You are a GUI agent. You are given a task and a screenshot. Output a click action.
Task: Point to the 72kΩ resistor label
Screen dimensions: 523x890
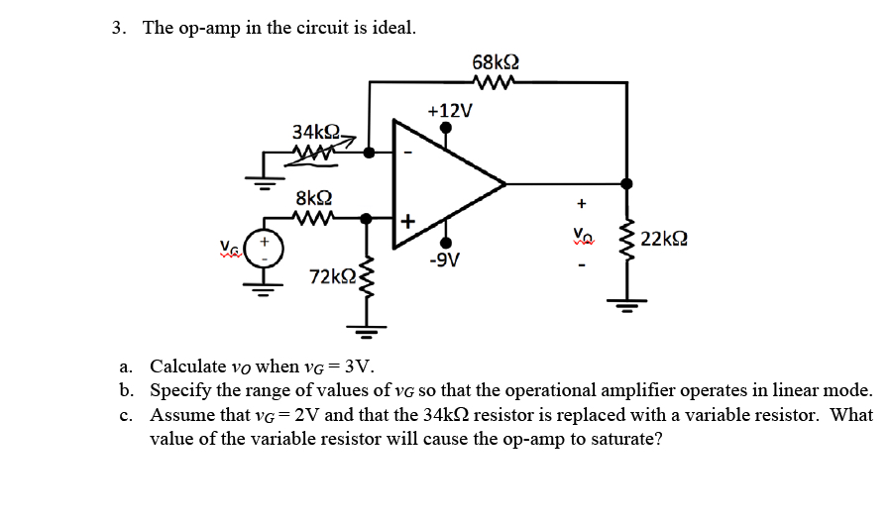tap(331, 274)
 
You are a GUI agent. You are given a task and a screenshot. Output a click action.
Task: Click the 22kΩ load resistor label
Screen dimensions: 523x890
tap(665, 239)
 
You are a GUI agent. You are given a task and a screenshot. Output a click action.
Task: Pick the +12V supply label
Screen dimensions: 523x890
tap(447, 109)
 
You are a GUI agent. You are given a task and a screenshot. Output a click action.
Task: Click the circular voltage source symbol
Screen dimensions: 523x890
tap(263, 246)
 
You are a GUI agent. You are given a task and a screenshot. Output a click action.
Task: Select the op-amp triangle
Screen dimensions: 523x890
tap(446, 183)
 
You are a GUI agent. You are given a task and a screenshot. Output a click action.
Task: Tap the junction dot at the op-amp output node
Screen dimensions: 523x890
tap(626, 183)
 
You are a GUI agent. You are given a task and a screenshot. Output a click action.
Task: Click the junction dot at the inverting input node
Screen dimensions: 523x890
tap(369, 153)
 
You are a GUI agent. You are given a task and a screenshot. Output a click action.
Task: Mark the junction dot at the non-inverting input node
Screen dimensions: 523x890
tap(369, 217)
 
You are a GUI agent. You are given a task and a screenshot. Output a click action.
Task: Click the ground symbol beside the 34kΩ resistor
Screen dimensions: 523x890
tap(263, 178)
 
